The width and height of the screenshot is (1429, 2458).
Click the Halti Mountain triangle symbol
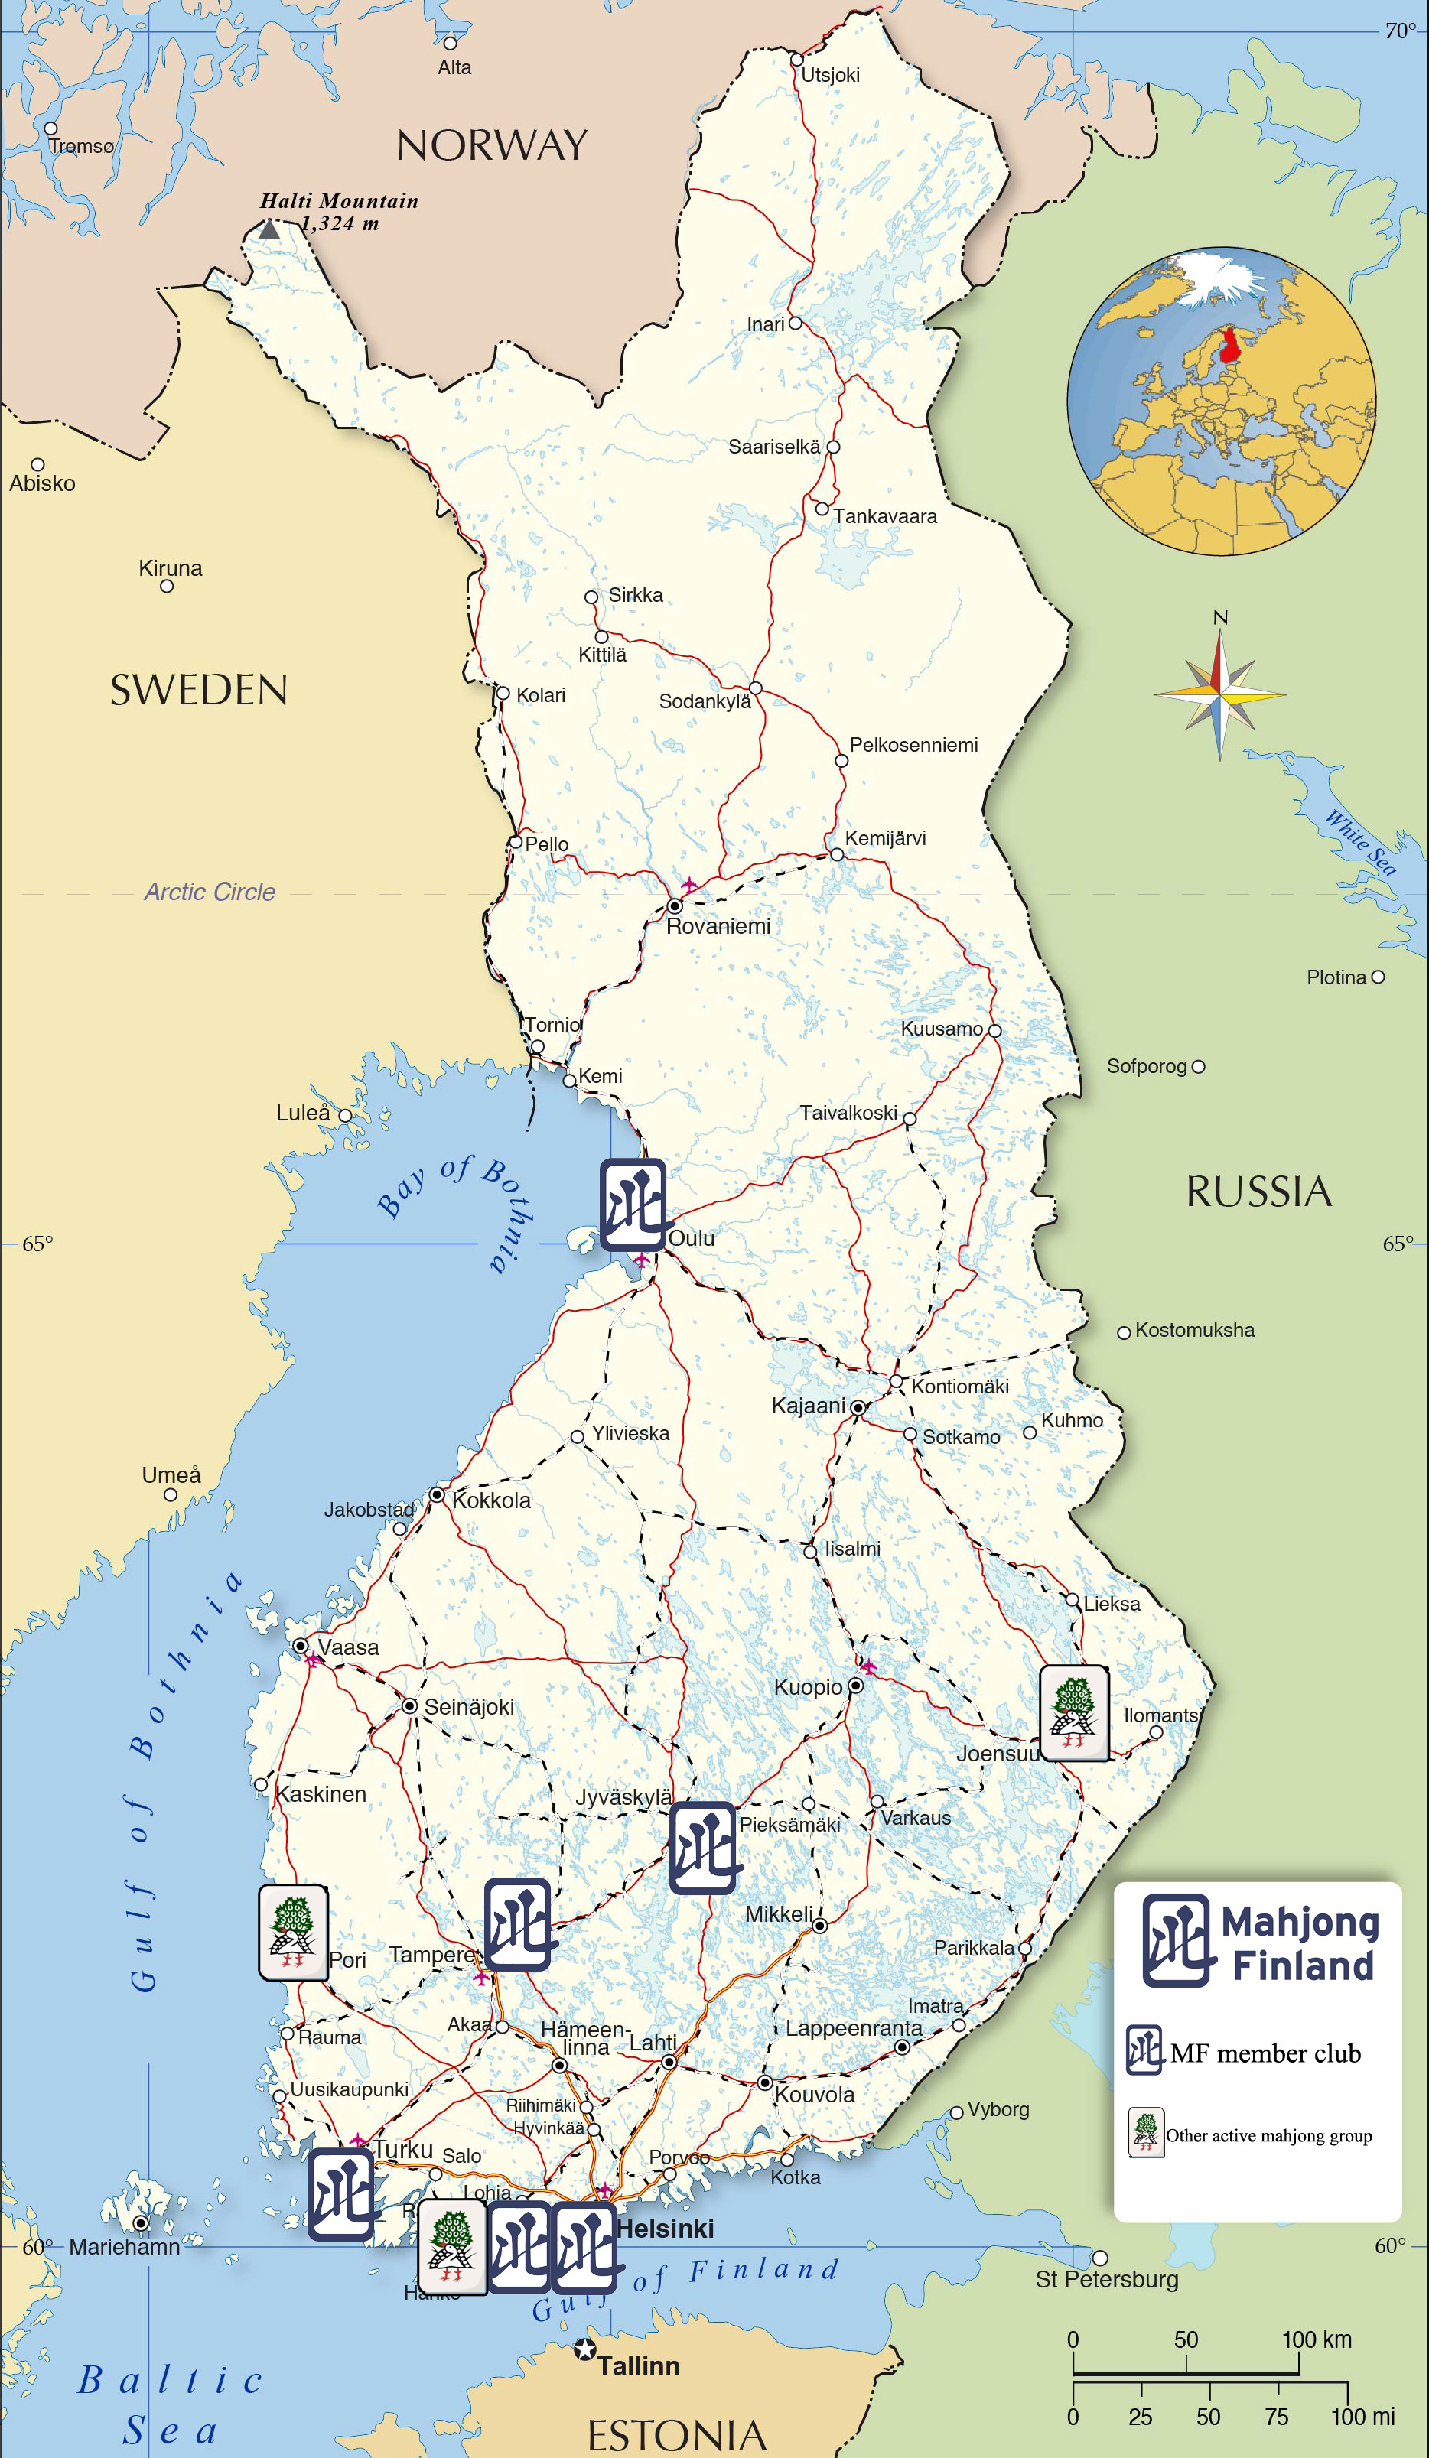(269, 230)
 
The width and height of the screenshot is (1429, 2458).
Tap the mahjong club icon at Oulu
(633, 1205)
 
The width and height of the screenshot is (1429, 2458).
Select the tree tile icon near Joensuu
(1073, 1714)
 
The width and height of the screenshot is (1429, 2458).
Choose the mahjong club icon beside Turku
(340, 2195)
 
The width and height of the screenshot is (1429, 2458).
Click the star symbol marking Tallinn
(584, 2349)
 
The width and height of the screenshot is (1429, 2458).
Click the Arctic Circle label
(210, 892)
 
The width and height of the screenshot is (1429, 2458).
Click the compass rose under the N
(1219, 694)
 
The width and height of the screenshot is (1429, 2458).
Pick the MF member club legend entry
(1265, 2054)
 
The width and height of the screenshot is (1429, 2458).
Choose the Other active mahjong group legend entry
(1268, 2135)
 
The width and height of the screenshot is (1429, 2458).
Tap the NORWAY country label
(492, 145)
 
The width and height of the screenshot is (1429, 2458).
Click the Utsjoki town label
(830, 75)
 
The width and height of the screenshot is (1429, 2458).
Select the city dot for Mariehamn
(142, 2223)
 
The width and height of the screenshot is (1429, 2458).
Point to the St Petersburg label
(1106, 2280)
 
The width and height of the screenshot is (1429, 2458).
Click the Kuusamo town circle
(994, 1030)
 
